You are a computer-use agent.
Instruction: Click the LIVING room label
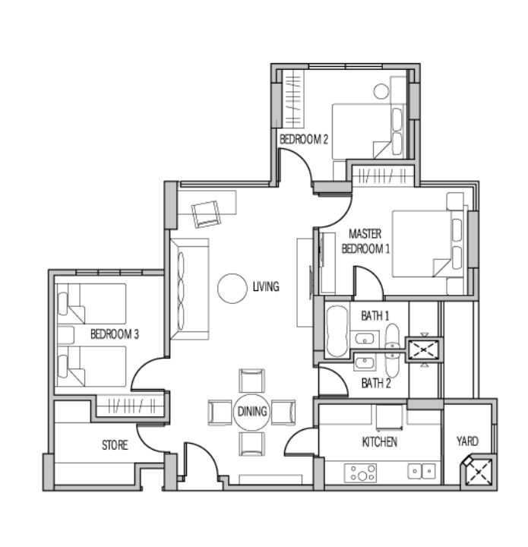pyautogui.click(x=266, y=286)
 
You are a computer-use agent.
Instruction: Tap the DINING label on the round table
pyautogui.click(x=251, y=411)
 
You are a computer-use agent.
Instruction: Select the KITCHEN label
pyautogui.click(x=379, y=442)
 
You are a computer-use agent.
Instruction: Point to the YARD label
pyautogui.click(x=467, y=441)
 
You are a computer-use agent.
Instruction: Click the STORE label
pyautogui.click(x=115, y=444)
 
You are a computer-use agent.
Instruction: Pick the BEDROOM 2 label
pyautogui.click(x=304, y=139)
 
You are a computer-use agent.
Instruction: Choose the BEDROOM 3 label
pyautogui.click(x=115, y=334)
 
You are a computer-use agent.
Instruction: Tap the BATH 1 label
pyautogui.click(x=375, y=316)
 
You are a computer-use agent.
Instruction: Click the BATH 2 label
pyautogui.click(x=376, y=383)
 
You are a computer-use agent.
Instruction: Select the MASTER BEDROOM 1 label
pyautogui.click(x=365, y=241)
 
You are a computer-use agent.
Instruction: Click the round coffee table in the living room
pyautogui.click(x=232, y=289)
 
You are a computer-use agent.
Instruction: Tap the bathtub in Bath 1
pyautogui.click(x=337, y=331)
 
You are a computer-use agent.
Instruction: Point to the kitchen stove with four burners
pyautogui.click(x=360, y=473)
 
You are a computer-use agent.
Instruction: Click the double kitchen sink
pyautogui.click(x=422, y=471)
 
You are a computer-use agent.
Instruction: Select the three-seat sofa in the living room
pyautogui.click(x=189, y=289)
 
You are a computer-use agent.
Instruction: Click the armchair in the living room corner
pyautogui.click(x=207, y=214)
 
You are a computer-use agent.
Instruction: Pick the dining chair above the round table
pyautogui.click(x=251, y=381)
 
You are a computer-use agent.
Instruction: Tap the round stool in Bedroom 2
pyautogui.click(x=381, y=91)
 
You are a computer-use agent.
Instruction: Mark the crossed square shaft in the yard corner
pyautogui.click(x=478, y=472)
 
